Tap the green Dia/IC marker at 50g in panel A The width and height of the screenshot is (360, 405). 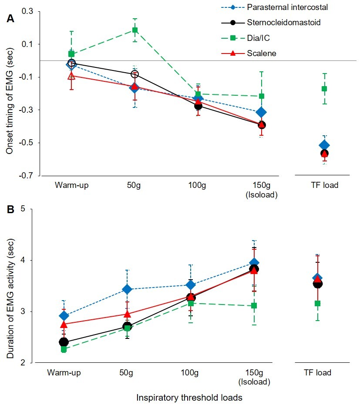coord(135,30)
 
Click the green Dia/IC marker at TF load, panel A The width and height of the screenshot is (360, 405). coord(324,89)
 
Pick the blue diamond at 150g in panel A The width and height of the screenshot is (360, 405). coord(261,112)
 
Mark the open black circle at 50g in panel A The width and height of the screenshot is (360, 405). coord(135,74)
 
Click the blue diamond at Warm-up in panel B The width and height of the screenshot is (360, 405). coord(64,316)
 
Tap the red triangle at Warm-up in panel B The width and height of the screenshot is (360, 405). coord(64,325)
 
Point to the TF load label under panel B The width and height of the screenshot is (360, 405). coord(317,373)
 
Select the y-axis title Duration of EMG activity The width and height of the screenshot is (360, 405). coord(10,286)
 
